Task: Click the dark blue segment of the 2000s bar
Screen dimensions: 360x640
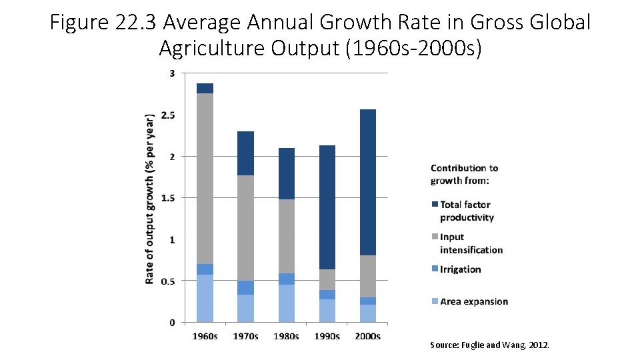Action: coord(363,182)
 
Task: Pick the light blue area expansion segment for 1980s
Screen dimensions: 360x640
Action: coord(286,303)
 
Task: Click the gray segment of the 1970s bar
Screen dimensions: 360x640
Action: coord(245,227)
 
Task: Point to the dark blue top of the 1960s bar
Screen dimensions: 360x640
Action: coord(205,88)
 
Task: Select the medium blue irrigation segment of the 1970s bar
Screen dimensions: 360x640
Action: coord(245,287)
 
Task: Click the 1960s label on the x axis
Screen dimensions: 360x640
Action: coord(205,336)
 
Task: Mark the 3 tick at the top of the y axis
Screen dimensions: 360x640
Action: coord(171,73)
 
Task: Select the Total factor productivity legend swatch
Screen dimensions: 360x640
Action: coord(435,205)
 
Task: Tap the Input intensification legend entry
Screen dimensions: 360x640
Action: coord(471,243)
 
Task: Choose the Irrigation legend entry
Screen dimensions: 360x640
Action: coord(460,269)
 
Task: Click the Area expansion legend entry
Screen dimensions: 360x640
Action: coord(473,301)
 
